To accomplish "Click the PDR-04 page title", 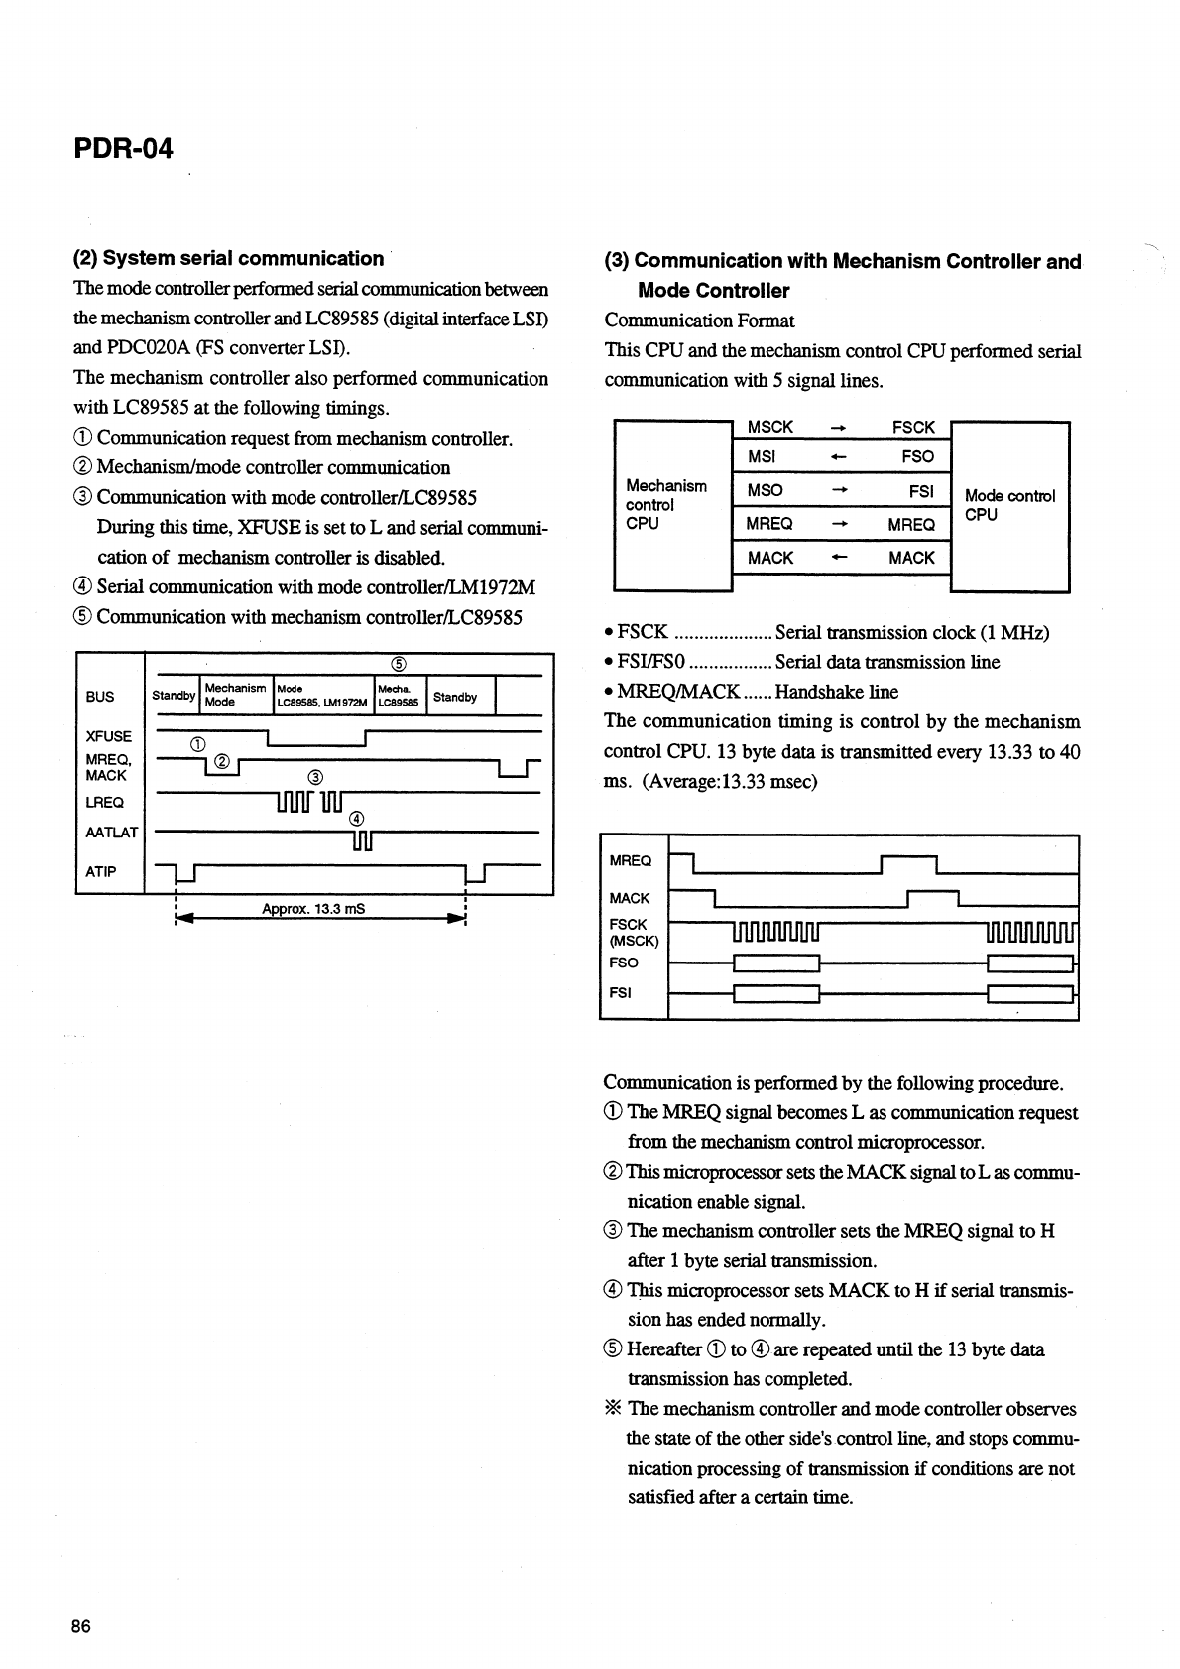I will coord(123,149).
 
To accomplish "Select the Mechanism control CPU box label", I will coord(665,504).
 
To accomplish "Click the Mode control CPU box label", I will coord(1008,504).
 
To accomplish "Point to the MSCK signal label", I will coord(769,427).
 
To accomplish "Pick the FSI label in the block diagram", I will coord(921,490).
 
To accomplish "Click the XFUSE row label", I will coord(109,736).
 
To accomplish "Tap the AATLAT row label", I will coord(112,833).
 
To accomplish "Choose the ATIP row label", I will coord(101,872).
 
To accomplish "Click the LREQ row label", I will coord(105,802).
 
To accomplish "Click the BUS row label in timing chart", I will coord(100,697).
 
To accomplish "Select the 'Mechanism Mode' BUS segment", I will coord(235,695).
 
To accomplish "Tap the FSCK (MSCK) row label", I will coord(629,932).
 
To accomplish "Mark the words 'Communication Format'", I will coord(699,321).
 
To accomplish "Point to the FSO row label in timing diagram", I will coord(624,963).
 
